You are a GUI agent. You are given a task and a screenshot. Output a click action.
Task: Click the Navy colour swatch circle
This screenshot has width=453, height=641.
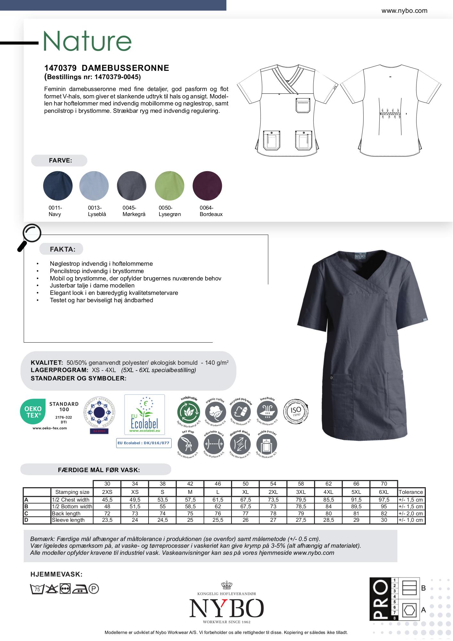tap(58, 186)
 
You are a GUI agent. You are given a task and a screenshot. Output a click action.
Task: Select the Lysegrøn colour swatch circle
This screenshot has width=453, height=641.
tap(170, 186)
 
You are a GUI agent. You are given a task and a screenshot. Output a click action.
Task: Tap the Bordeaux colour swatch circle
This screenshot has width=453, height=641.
tap(207, 186)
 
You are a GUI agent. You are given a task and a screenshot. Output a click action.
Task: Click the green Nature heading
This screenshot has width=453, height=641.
tap(87, 41)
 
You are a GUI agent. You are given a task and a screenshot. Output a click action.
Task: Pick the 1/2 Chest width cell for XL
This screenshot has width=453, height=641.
tap(246, 500)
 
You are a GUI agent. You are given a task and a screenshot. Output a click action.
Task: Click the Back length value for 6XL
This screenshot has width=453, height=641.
tap(384, 513)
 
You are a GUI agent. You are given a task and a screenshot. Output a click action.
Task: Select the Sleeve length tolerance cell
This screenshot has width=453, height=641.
tap(411, 520)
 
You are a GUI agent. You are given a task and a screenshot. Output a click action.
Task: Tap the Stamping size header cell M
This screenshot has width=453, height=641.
tap(190, 492)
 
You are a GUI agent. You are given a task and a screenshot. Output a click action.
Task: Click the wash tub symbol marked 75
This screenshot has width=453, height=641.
tap(37, 589)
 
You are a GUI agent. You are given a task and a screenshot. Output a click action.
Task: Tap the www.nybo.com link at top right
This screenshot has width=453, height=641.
tap(404, 11)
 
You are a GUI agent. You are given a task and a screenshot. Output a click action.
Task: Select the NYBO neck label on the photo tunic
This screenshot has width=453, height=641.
tap(360, 256)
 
